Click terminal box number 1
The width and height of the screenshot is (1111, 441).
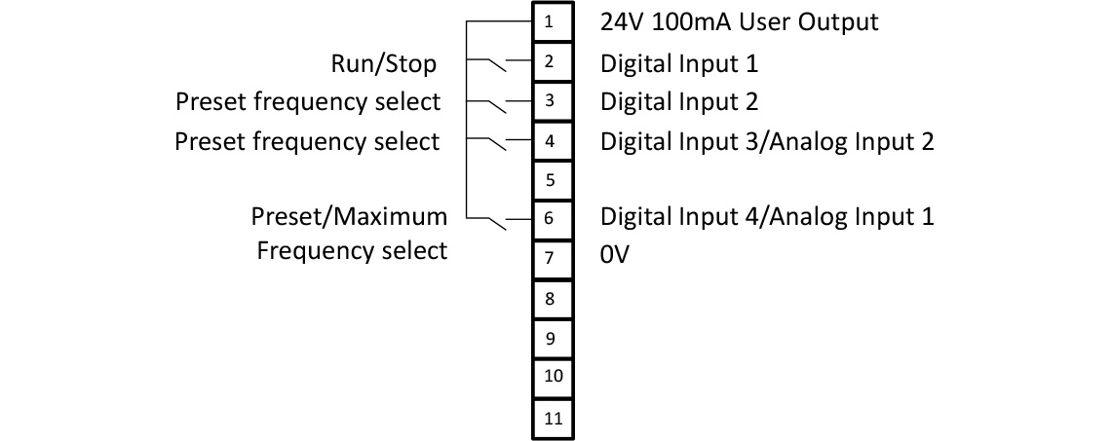[x=550, y=22]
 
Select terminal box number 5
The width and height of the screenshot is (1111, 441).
[x=550, y=180]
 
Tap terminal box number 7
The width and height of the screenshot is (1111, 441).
[x=550, y=258]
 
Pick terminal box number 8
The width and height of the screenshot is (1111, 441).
[x=550, y=299]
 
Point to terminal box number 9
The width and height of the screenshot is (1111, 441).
[x=550, y=338]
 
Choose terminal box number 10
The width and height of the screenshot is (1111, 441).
[x=550, y=377]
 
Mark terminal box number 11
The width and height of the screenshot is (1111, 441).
[x=550, y=419]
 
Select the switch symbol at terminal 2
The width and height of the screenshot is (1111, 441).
[x=496, y=65]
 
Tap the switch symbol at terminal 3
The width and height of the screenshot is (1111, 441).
[x=496, y=104]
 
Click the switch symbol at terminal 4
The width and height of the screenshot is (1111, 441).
[x=496, y=143]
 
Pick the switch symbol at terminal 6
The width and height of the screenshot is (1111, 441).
[x=496, y=222]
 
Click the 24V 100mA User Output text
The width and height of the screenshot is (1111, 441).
[x=739, y=22]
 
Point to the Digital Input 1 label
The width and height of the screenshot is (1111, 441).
[x=678, y=64]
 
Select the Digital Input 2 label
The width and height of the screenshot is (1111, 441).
[x=678, y=101]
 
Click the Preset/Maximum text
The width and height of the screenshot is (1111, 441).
[x=349, y=216]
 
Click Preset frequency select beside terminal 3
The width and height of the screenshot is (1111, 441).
[x=307, y=101]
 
